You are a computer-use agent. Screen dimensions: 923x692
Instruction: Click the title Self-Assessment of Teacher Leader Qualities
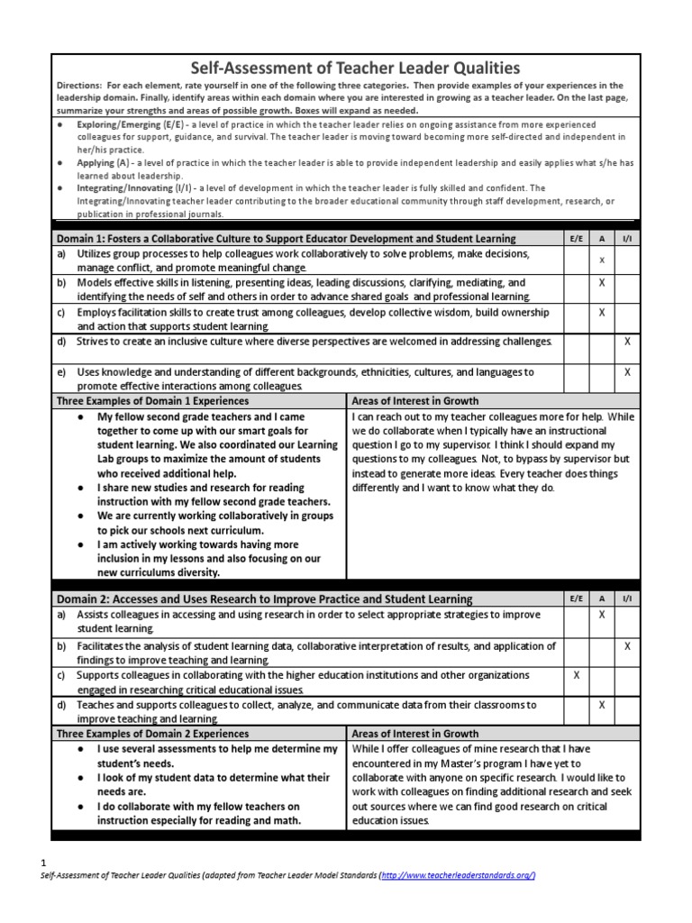coord(353,68)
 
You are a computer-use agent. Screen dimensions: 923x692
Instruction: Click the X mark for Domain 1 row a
coord(602,260)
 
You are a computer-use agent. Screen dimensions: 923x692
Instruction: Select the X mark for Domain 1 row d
coord(627,342)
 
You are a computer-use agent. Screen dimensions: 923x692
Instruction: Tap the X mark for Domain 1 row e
coord(627,371)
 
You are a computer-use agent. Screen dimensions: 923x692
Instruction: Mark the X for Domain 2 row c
coord(577,674)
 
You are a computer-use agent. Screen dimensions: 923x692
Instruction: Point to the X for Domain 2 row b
coord(627,646)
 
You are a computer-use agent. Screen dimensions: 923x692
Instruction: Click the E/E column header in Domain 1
coord(577,238)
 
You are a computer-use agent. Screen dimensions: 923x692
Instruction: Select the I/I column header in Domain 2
coord(627,599)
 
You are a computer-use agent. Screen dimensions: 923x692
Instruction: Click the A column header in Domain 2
coord(602,599)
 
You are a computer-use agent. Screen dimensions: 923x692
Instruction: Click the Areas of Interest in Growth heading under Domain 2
coord(415,734)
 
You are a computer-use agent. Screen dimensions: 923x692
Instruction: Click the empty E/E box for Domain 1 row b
coord(577,288)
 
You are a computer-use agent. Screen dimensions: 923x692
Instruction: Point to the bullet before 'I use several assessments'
coord(82,749)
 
